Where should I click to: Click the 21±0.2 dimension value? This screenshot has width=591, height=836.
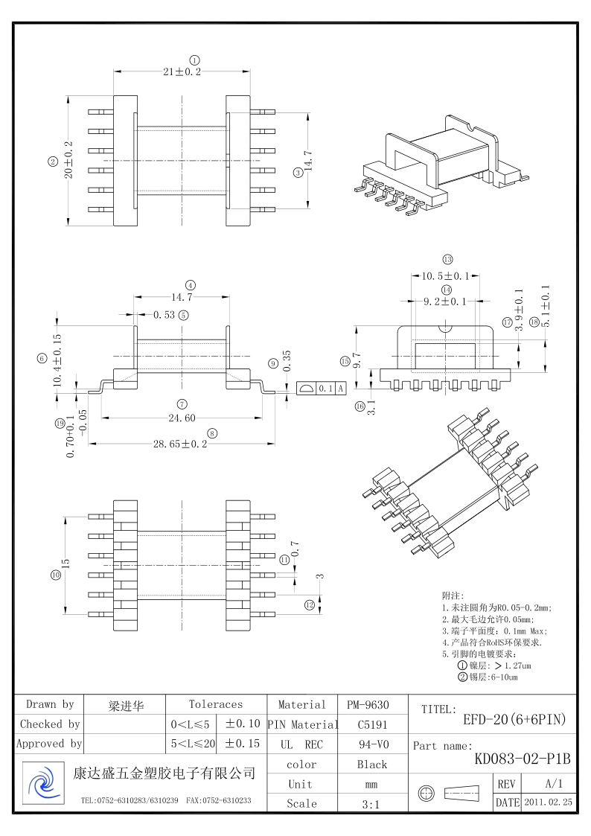(x=182, y=71)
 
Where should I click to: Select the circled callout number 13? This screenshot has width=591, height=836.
(x=447, y=260)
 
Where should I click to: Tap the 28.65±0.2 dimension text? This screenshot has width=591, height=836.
(x=180, y=444)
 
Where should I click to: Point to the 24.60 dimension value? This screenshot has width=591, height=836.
(x=182, y=418)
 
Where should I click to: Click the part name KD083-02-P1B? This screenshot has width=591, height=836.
(x=523, y=759)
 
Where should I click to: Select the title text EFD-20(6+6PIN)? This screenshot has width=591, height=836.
(x=514, y=719)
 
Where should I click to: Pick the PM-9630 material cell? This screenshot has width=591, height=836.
(x=368, y=704)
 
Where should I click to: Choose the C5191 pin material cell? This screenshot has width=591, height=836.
(x=372, y=724)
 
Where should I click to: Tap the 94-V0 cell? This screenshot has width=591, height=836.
(x=372, y=744)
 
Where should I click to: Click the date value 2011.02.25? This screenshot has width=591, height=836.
(x=548, y=803)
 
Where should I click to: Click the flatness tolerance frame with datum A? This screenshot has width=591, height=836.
(x=322, y=389)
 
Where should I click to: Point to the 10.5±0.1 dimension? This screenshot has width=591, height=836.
(x=445, y=276)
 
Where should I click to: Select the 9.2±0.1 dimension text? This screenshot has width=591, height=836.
(x=444, y=301)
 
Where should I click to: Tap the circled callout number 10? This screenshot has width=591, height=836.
(x=55, y=575)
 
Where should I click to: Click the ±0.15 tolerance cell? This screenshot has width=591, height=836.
(x=242, y=743)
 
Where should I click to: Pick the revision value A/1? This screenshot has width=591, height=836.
(x=554, y=784)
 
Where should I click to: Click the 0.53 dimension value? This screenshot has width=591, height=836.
(x=164, y=315)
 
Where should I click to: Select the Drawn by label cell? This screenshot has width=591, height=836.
(x=50, y=704)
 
